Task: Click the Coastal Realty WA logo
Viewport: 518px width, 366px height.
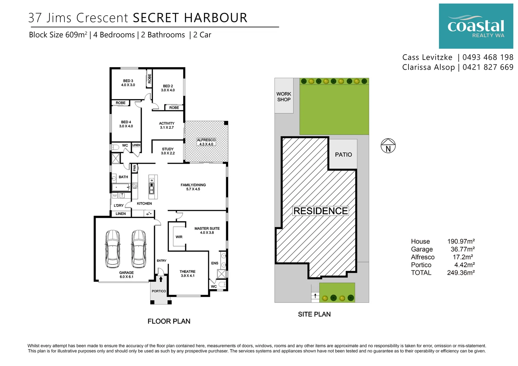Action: pyautogui.click(x=476, y=26)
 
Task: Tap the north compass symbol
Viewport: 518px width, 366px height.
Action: pyautogui.click(x=388, y=146)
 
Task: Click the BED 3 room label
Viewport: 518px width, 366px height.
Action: pyautogui.click(x=128, y=83)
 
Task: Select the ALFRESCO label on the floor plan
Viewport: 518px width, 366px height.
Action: pyautogui.click(x=206, y=142)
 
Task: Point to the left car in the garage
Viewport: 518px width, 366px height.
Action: pyautogui.click(x=113, y=249)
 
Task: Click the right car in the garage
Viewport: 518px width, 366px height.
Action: pyautogui.click(x=139, y=249)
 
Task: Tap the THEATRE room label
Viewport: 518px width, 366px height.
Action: pyautogui.click(x=187, y=273)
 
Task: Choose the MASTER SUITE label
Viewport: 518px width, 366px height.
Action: pyautogui.click(x=207, y=230)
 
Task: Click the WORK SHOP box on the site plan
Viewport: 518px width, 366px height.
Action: pyautogui.click(x=284, y=96)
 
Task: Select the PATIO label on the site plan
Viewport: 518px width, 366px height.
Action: pyautogui.click(x=343, y=155)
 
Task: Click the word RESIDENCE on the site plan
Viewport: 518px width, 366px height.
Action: pyautogui.click(x=321, y=211)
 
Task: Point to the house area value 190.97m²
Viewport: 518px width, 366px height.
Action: pyautogui.click(x=461, y=242)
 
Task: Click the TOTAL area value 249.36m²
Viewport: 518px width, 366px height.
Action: pyautogui.click(x=461, y=273)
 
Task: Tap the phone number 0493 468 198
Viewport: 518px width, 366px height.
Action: pyautogui.click(x=488, y=57)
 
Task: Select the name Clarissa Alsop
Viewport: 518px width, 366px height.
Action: pyautogui.click(x=429, y=67)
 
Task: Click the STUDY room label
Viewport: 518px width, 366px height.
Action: pyautogui.click(x=168, y=151)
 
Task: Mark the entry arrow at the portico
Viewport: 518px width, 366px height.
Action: pyautogui.click(x=161, y=279)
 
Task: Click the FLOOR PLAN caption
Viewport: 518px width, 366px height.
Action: pyautogui.click(x=169, y=321)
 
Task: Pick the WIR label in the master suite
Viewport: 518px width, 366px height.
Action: pyautogui.click(x=179, y=237)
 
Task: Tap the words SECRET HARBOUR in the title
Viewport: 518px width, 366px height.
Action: pyautogui.click(x=190, y=18)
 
